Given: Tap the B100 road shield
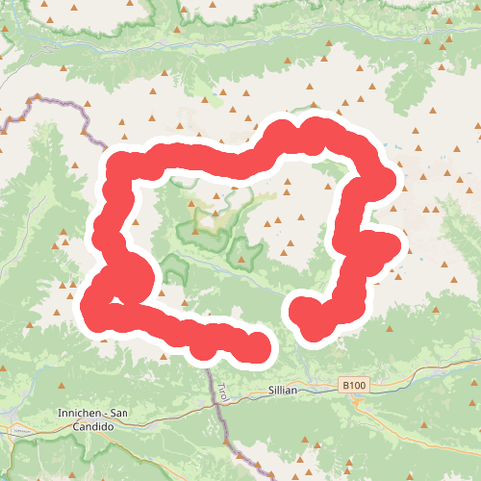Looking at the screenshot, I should [x=354, y=385].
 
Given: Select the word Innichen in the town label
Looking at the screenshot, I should [x=77, y=414].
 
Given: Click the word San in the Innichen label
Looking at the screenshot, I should [x=119, y=414].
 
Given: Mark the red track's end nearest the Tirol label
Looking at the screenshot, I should [x=256, y=347].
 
